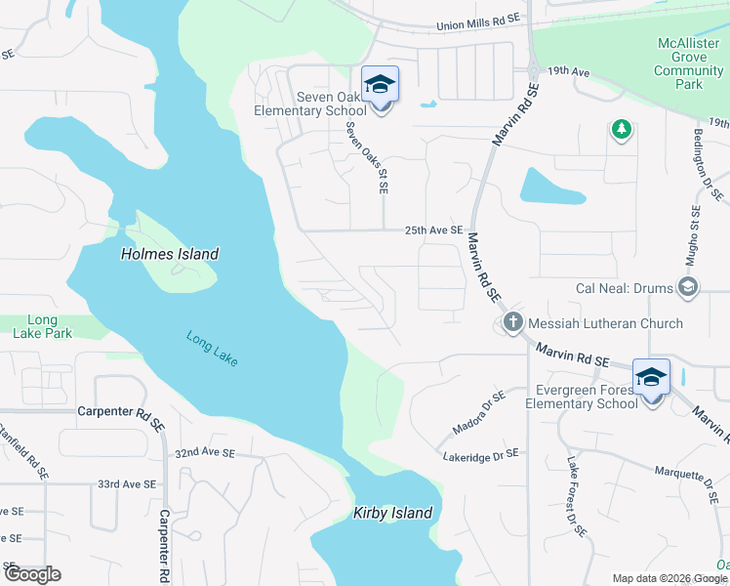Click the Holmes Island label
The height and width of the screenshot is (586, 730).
(x=170, y=254)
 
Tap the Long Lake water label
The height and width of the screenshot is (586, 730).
(x=212, y=350)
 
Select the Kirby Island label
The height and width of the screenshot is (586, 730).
(x=392, y=513)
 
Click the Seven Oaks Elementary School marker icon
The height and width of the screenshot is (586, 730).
(x=380, y=85)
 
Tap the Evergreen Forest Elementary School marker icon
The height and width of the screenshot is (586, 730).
(x=651, y=377)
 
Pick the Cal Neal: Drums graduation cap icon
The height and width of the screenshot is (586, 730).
(x=688, y=286)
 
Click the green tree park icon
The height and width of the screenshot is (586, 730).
(x=620, y=129)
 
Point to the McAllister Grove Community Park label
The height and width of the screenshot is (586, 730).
(x=689, y=63)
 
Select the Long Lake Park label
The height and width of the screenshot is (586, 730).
(x=42, y=326)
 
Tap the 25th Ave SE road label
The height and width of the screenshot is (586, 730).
(x=433, y=230)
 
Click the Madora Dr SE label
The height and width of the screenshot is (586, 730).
(x=478, y=413)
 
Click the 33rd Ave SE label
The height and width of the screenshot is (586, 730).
(x=127, y=483)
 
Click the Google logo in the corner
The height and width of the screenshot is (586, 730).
(x=32, y=574)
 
